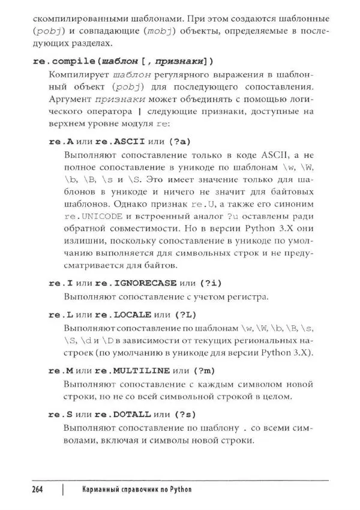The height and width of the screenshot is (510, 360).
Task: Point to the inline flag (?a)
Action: point(179,141)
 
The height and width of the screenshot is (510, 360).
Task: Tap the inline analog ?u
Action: point(232,215)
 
